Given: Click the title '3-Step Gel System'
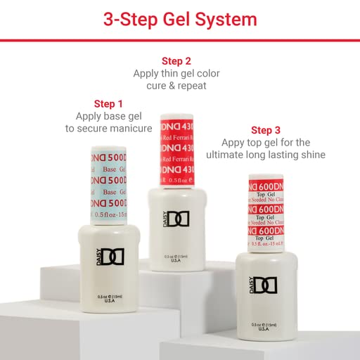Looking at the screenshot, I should click(x=180, y=19).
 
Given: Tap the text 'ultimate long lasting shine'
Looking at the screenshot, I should click(x=270, y=155).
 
